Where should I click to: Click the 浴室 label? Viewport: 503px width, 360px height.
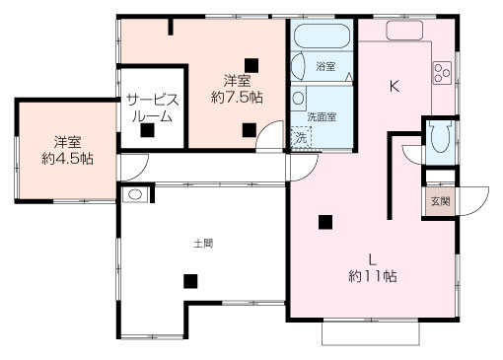(x=325, y=68)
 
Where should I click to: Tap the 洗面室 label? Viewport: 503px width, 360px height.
(x=321, y=116)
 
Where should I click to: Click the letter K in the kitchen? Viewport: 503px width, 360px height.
(x=395, y=86)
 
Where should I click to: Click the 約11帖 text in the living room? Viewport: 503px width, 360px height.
(x=373, y=276)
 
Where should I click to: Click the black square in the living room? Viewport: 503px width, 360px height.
(x=324, y=222)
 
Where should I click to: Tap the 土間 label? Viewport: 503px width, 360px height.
(x=203, y=242)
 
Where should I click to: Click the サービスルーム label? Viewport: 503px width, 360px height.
(x=151, y=108)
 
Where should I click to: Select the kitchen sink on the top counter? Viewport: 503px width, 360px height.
(x=404, y=30)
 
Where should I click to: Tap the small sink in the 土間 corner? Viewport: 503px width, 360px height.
(x=134, y=194)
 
